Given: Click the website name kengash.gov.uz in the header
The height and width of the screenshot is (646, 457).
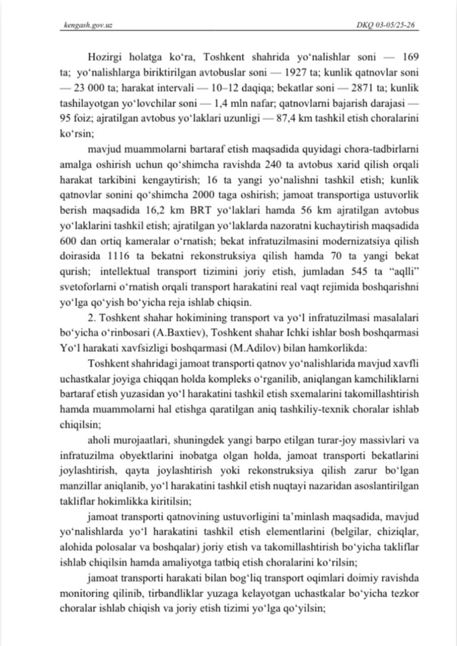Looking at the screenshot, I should point(85,25).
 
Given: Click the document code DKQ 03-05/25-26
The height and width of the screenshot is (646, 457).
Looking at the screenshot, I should point(385,25).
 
